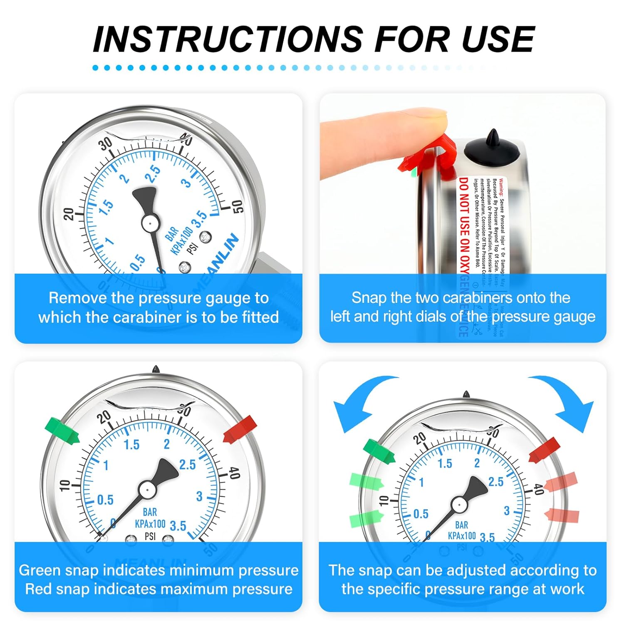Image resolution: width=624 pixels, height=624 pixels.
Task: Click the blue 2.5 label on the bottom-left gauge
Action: [x=187, y=465]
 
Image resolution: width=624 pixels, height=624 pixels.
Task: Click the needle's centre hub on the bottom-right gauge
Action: [x=459, y=505]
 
